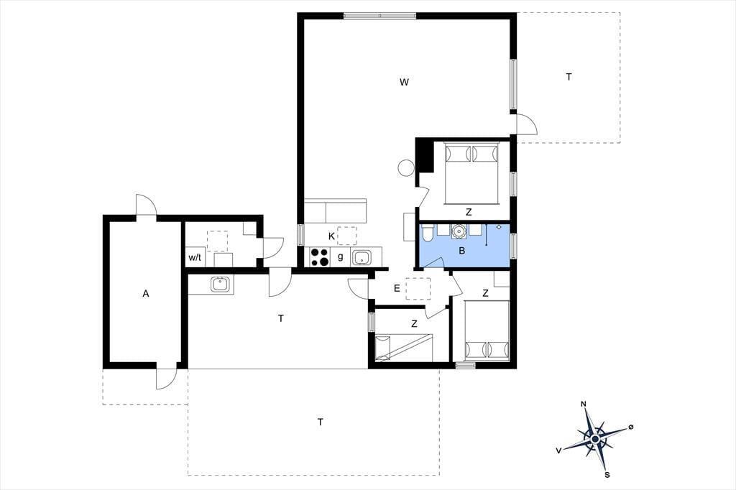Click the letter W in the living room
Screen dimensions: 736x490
coord(404,82)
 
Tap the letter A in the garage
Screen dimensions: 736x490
coord(146,294)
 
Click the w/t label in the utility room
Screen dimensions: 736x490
coord(195,257)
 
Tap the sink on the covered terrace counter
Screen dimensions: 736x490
coord(220,285)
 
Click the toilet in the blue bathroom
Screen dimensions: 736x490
coord(427,233)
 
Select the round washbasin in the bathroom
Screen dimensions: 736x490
coord(459,231)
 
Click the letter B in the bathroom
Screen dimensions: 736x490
coord(462,251)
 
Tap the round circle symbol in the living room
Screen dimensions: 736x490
coord(405,168)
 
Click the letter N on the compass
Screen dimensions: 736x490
coord(584,404)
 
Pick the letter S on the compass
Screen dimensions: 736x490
coord(607,474)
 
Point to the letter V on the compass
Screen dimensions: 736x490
coord(558,450)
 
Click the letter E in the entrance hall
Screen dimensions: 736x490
coord(397,289)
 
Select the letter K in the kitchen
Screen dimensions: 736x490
coord(331,236)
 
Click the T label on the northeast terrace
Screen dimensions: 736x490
coord(569,77)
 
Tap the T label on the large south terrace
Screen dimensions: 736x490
coord(320,422)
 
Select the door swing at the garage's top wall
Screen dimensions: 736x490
coord(145,205)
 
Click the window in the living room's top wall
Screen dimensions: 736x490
coord(379,16)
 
